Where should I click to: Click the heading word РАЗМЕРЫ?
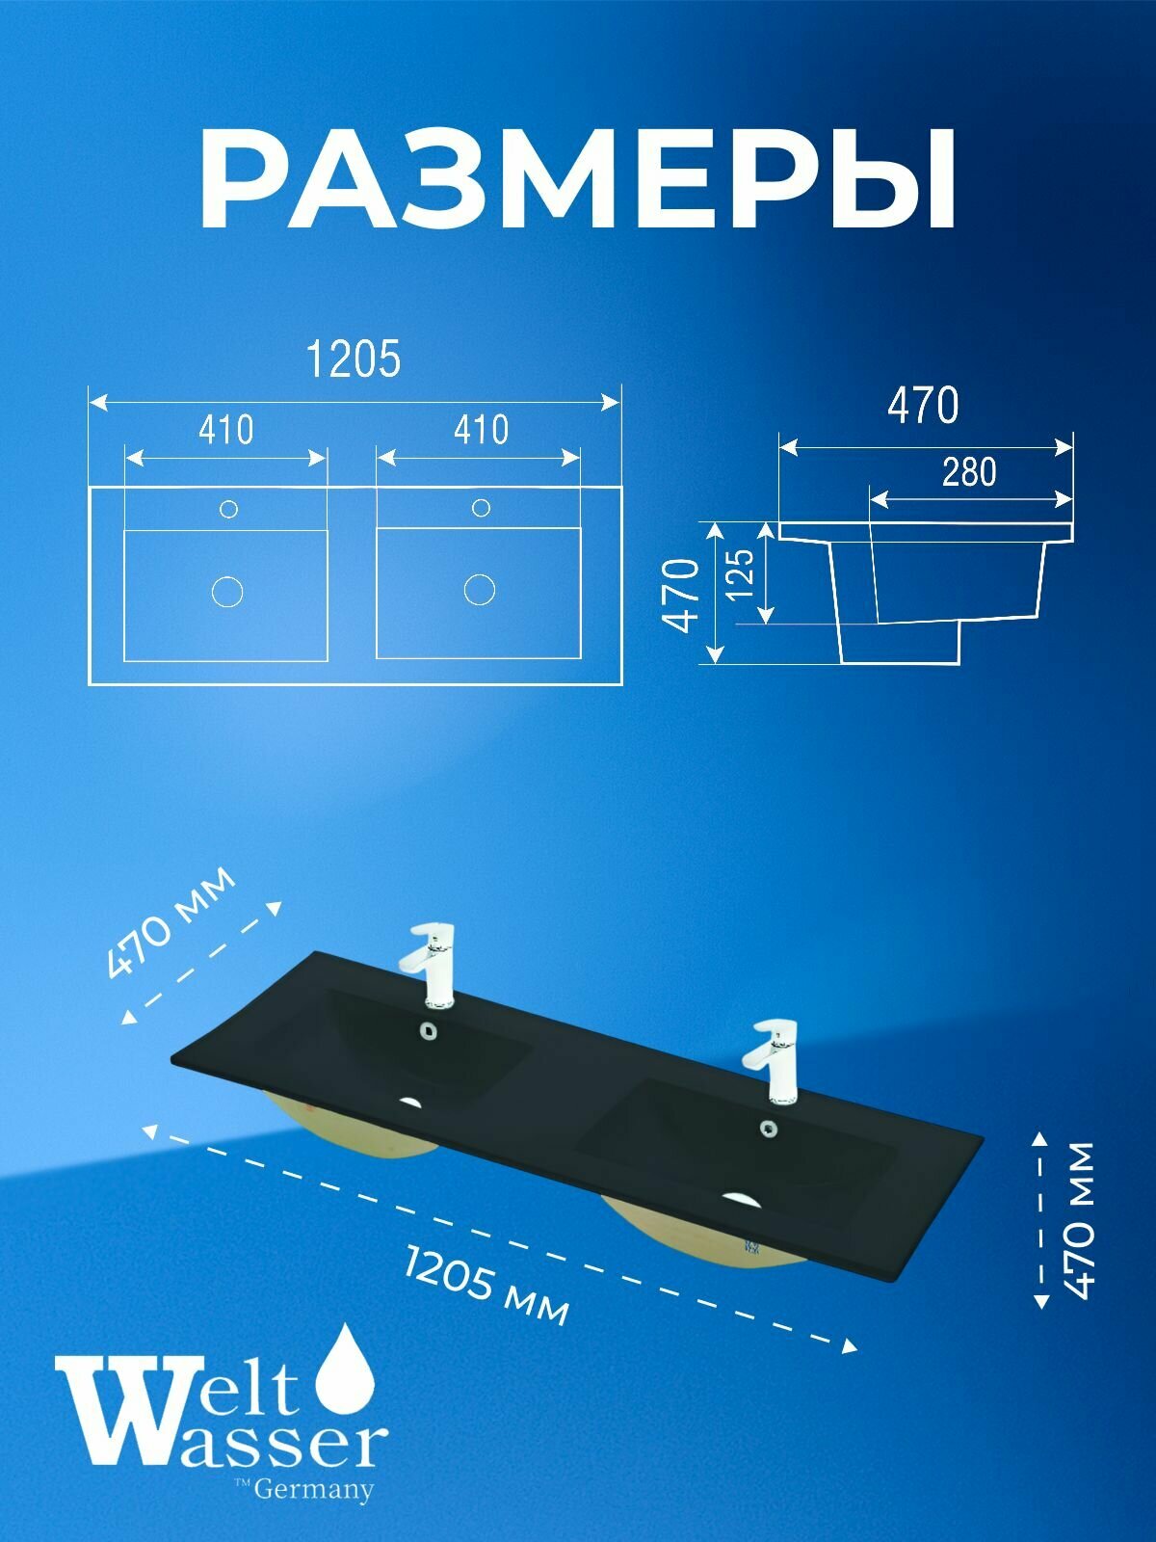tap(578, 179)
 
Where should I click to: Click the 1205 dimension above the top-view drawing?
tap(353, 359)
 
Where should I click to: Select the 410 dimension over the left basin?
tap(226, 430)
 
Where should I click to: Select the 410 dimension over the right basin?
tap(481, 430)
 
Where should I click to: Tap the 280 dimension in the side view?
tap(969, 472)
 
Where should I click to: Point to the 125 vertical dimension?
tap(742, 574)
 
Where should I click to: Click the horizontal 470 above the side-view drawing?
tap(923, 406)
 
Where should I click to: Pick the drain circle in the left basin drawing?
tap(227, 591)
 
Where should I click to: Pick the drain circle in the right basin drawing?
tap(480, 589)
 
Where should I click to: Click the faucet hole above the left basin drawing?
tap(228, 509)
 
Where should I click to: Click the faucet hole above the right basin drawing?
tap(481, 507)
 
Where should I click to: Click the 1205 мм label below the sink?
tap(486, 1285)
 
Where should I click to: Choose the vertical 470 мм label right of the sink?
tap(1081, 1219)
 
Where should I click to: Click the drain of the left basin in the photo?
tap(412, 1102)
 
